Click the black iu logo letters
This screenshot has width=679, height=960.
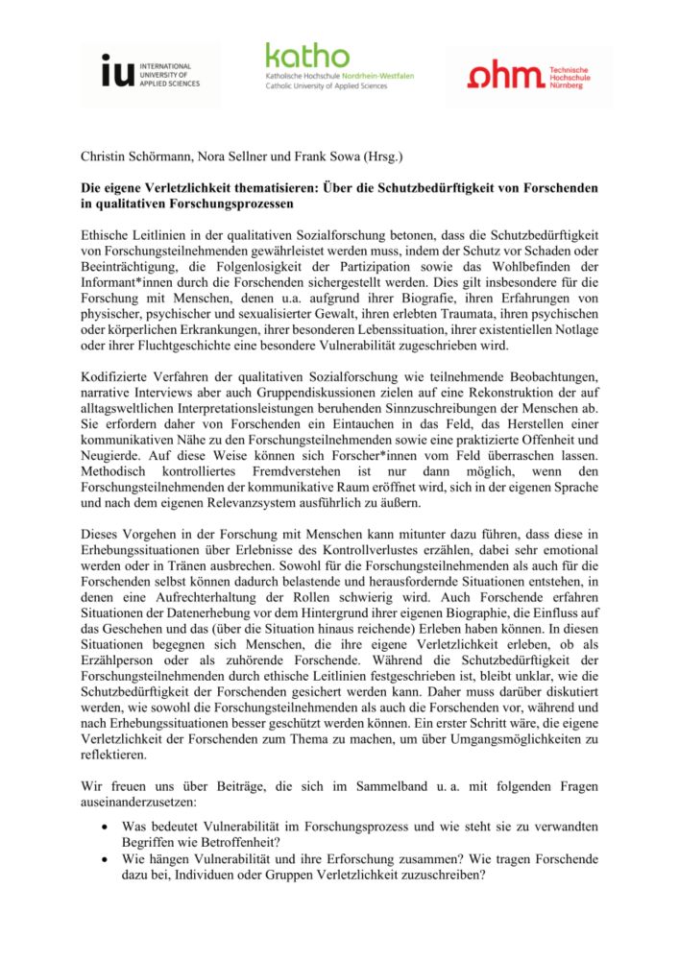coord(120,73)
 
